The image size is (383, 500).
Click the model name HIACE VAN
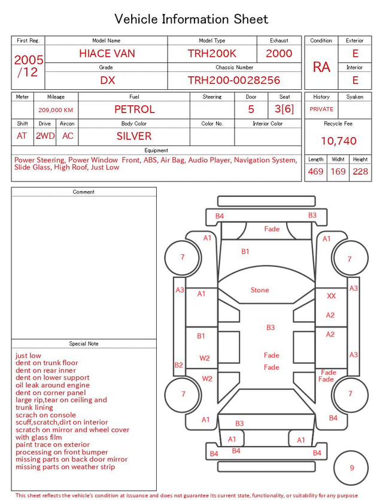(x=107, y=53)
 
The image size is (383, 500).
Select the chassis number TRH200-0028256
(x=234, y=80)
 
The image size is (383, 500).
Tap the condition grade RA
(x=321, y=67)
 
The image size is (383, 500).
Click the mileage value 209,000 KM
(x=56, y=110)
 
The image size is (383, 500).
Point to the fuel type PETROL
(x=135, y=110)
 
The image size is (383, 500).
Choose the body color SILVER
(x=134, y=136)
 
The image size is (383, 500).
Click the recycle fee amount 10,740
(x=338, y=141)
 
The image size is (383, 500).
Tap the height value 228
(x=360, y=171)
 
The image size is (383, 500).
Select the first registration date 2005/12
(x=28, y=66)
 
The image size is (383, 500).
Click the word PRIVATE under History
(x=321, y=109)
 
